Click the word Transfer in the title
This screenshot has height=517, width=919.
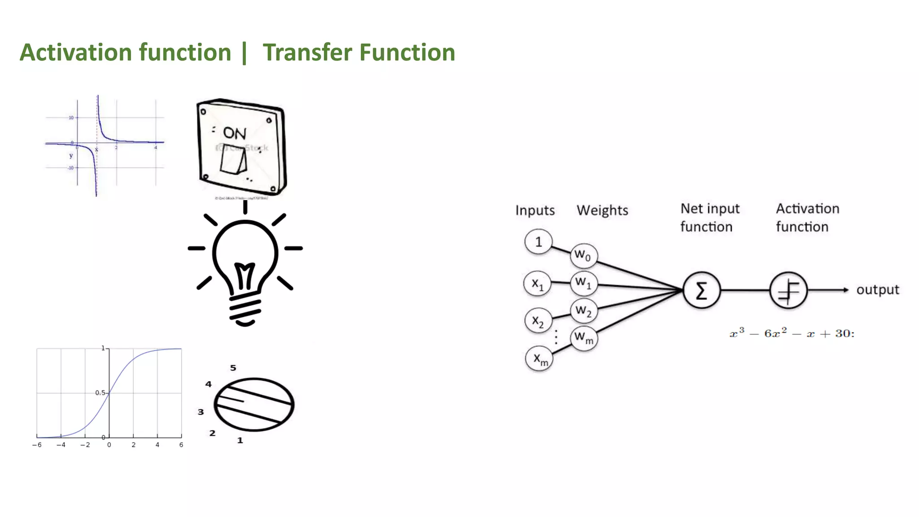307,53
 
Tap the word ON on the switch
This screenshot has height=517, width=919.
235,133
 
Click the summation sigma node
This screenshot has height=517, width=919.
701,290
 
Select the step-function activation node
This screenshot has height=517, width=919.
788,290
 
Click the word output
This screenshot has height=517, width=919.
877,290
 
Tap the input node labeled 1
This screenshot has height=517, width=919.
538,242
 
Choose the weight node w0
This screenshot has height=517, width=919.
583,256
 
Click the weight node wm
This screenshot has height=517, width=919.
584,337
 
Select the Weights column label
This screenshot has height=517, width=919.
602,210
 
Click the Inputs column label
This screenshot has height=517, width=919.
535,210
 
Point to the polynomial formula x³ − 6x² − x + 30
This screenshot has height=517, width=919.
792,333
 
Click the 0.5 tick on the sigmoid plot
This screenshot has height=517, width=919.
100,393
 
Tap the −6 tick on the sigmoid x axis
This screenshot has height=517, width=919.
37,445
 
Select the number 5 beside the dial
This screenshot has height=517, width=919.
233,368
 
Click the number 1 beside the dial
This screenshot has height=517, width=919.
240,440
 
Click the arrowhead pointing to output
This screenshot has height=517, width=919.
845,290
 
